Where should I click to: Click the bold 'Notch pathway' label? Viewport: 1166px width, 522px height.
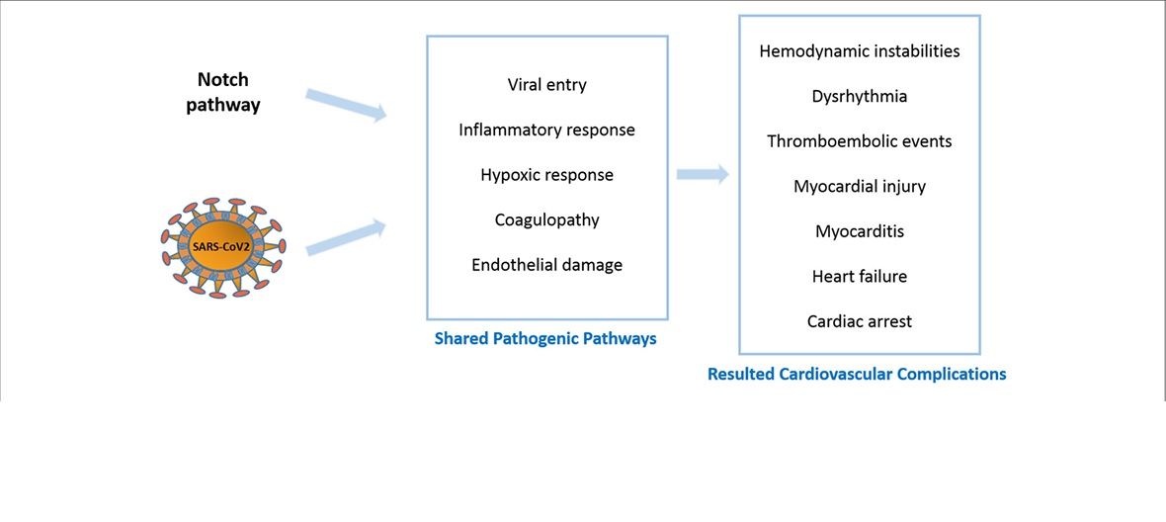coord(228,92)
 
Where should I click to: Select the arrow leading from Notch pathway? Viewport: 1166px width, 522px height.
coord(347,105)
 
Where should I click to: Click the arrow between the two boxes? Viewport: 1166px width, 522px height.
coord(703,175)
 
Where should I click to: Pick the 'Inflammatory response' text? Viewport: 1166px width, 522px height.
coord(546,130)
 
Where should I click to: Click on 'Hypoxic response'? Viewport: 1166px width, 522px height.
coord(546,175)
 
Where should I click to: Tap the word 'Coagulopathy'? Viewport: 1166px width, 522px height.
coord(546,220)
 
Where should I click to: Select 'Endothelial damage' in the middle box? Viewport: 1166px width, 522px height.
coord(546,265)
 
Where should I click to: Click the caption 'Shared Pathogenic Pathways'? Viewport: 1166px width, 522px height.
coord(545,339)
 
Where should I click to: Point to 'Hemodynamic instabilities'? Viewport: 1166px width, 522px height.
coord(860,52)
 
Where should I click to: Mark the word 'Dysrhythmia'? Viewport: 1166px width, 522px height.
coord(860,97)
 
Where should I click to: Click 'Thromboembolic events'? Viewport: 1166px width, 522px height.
coord(860,141)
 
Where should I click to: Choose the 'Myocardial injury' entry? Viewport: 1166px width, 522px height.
coord(860,187)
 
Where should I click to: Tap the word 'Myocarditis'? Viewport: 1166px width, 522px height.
coord(860,231)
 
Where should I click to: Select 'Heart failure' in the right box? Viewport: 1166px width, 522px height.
coord(860,277)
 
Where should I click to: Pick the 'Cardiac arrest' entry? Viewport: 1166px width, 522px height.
coord(860,322)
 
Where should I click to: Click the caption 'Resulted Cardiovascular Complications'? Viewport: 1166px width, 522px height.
coord(857,374)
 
